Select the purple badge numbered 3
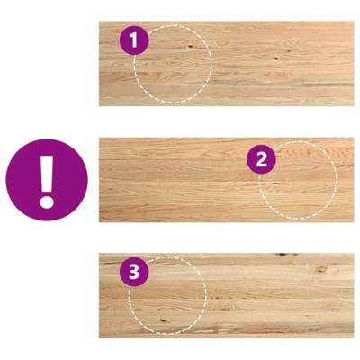tap(135, 273)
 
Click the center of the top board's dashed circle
tap(172, 63)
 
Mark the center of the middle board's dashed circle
tap(298, 179)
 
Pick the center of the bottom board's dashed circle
tap(167, 296)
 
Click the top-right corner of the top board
tap(354, 22)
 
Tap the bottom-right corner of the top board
tap(354, 105)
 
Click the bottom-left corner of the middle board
tap(99, 221)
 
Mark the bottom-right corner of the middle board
tap(354, 221)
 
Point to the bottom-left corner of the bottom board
tap(99, 337)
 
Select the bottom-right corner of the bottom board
tap(354, 337)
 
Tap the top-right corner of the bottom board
tap(354, 254)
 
